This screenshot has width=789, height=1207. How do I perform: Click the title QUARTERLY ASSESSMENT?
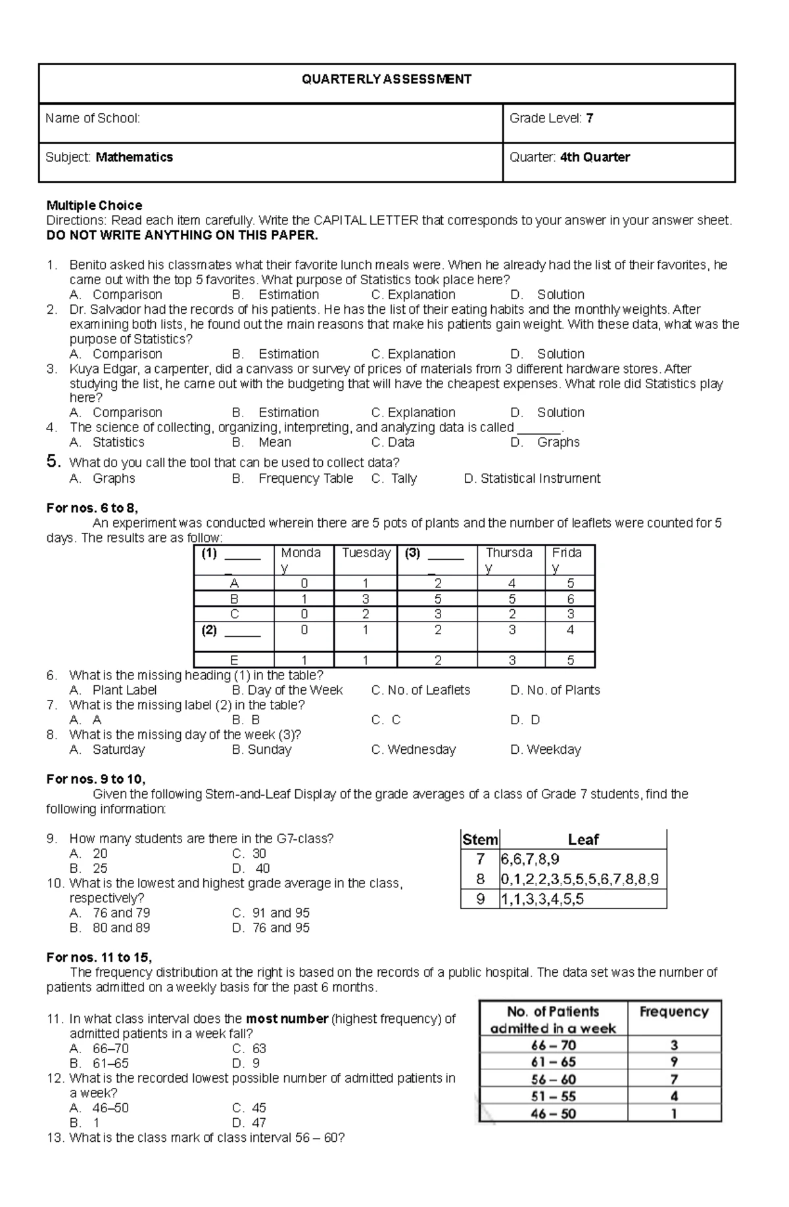(x=386, y=80)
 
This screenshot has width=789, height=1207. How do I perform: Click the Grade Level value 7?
(x=590, y=118)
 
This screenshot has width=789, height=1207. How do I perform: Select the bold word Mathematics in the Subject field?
(x=134, y=157)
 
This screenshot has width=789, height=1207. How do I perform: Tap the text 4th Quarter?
(x=594, y=157)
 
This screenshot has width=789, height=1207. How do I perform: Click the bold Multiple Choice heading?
(x=94, y=205)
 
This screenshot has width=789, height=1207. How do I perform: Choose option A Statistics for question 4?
(x=118, y=442)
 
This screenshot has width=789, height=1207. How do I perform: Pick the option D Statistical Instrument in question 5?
(x=532, y=478)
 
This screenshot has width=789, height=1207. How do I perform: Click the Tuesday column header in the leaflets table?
(x=366, y=553)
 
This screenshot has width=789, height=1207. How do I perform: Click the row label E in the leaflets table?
(x=234, y=660)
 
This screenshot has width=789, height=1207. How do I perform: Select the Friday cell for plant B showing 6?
(x=570, y=599)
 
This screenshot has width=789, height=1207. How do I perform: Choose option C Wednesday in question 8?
(x=414, y=749)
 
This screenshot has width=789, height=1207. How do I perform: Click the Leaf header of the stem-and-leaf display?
(x=583, y=840)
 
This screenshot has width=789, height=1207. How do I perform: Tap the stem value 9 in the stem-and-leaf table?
(x=481, y=899)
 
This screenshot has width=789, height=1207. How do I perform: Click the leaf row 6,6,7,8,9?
(x=530, y=859)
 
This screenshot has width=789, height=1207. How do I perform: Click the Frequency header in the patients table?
(x=673, y=1012)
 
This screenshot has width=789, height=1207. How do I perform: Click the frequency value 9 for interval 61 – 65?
(x=674, y=1062)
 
